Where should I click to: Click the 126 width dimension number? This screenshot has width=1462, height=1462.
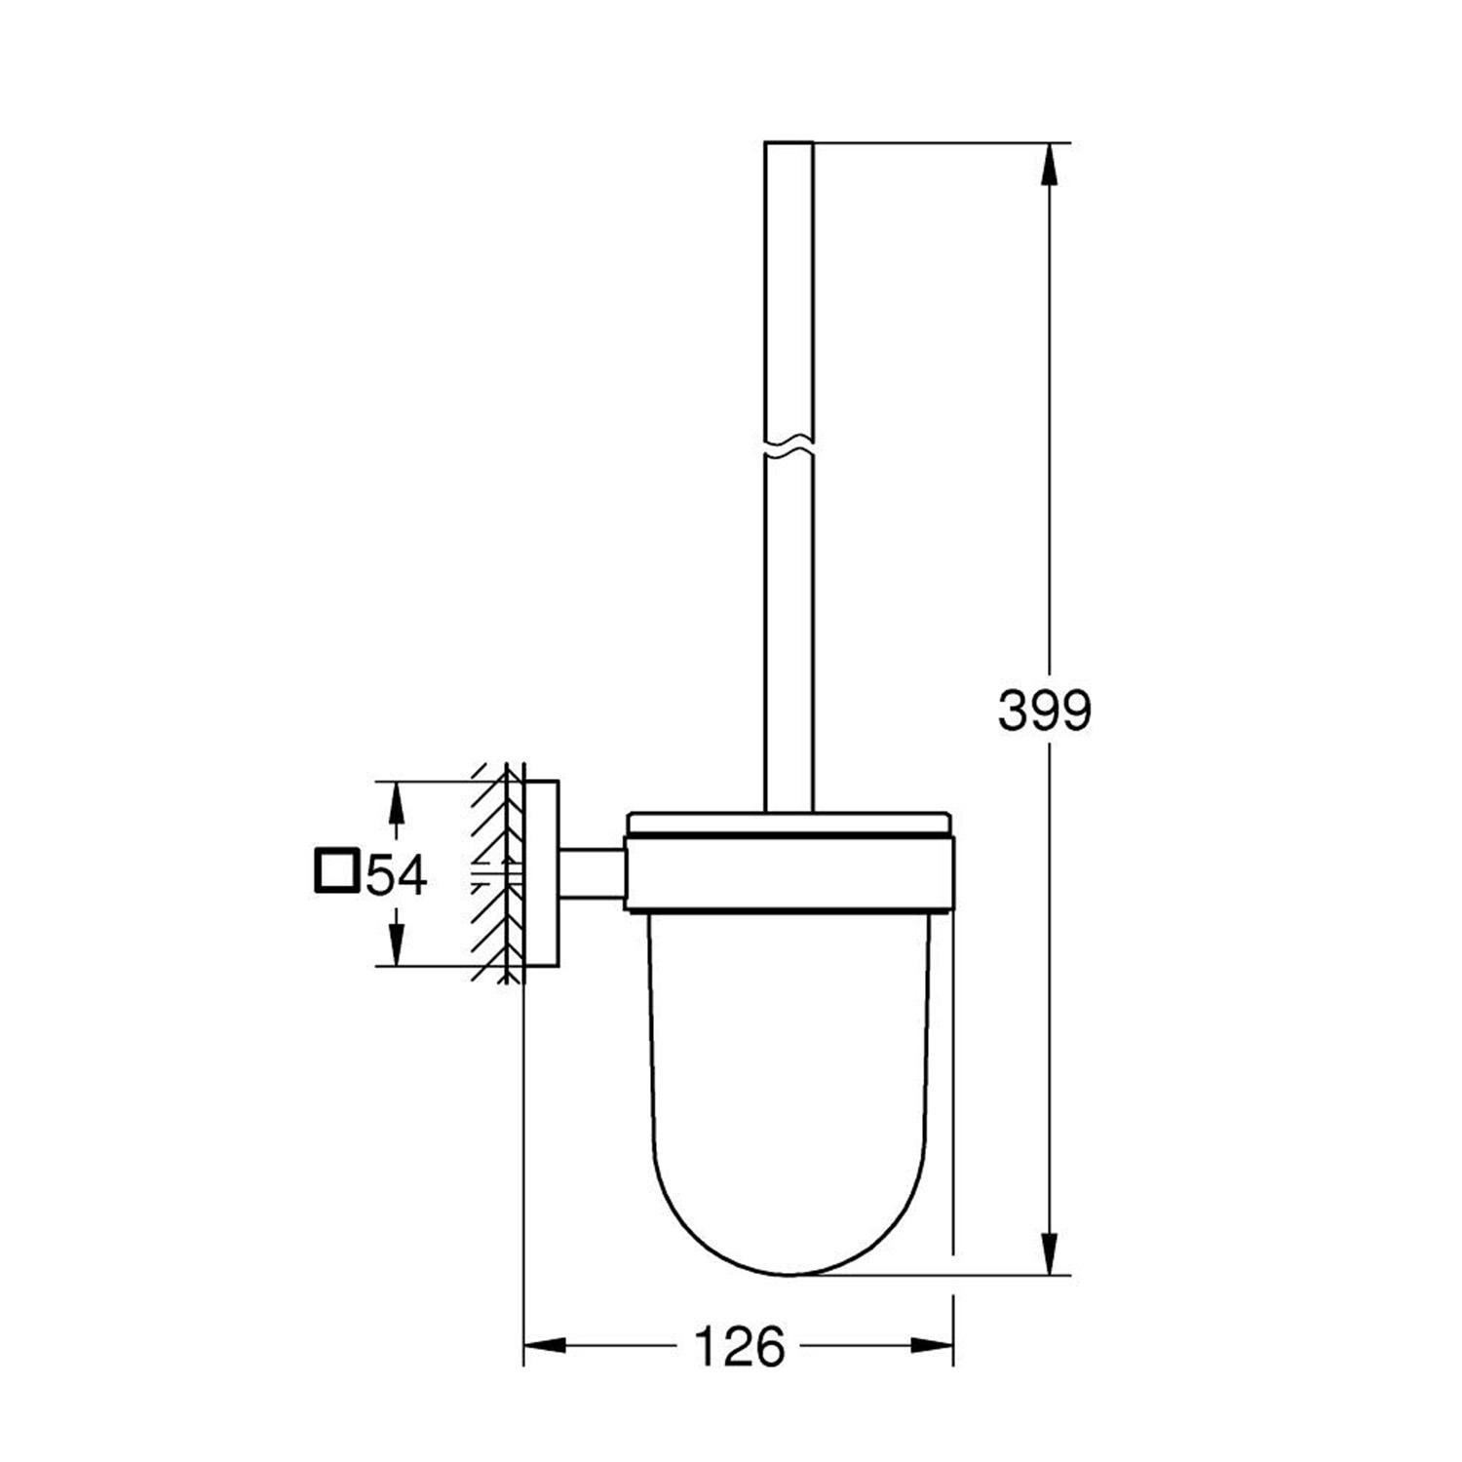739,1348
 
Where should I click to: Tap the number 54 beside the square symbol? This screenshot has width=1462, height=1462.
396,873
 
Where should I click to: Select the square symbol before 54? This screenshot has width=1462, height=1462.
336,870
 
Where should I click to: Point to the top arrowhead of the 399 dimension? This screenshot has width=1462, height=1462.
1049,166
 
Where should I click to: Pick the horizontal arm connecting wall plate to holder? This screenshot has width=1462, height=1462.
591,873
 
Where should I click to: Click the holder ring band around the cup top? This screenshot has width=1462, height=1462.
789,874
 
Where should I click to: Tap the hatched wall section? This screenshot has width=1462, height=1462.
492,873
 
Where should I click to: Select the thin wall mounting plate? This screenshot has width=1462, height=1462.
541,873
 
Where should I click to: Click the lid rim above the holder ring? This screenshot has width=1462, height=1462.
789,824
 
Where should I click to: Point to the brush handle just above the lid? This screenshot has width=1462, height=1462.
789,760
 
